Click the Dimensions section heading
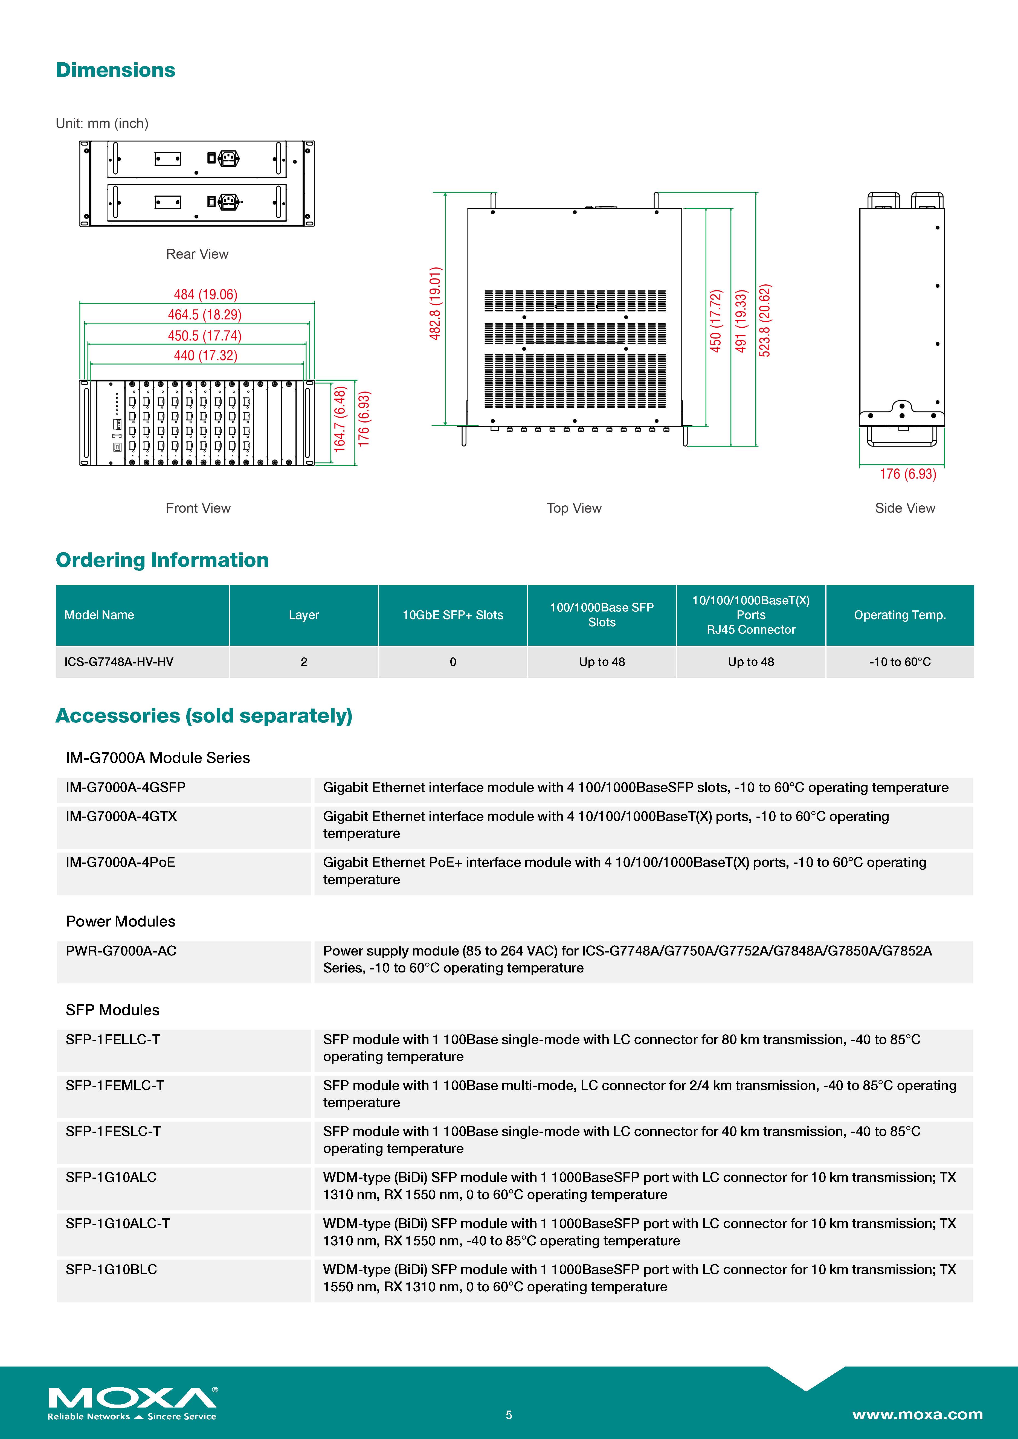click(115, 70)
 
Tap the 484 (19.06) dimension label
click(206, 295)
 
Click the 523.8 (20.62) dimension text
click(765, 320)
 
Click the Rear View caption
click(197, 254)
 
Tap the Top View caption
click(573, 508)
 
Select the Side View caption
click(904, 508)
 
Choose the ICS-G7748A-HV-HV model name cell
click(118, 662)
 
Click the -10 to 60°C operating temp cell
click(900, 662)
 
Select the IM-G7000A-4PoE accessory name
click(120, 863)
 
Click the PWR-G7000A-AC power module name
click(121, 951)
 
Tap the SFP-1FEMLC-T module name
click(115, 1085)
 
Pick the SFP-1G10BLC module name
click(111, 1269)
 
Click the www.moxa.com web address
click(917, 1415)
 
